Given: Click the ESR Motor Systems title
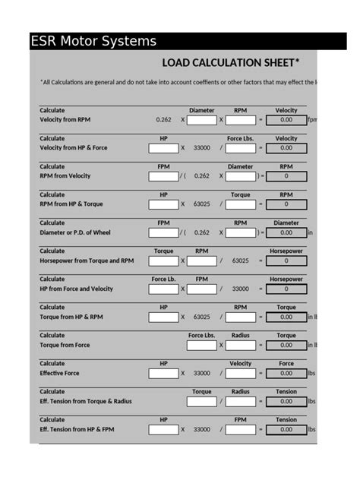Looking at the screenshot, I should pyautogui.click(x=93, y=42).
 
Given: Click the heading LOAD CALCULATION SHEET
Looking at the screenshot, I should pyautogui.click(x=230, y=62).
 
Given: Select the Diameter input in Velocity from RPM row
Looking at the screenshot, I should pyautogui.click(x=201, y=120).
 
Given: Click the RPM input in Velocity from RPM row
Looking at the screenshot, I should pyautogui.click(x=240, y=120).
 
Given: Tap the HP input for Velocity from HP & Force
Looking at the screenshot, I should pyautogui.click(x=163, y=148).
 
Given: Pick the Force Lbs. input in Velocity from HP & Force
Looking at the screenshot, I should pyautogui.click(x=240, y=148).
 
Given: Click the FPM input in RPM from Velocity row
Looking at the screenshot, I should pyautogui.click(x=163, y=176).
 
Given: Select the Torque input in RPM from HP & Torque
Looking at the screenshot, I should pyautogui.click(x=240, y=204).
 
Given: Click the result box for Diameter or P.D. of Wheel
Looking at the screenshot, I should pyautogui.click(x=286, y=232).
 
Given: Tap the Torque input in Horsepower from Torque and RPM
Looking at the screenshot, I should pyautogui.click(x=163, y=261).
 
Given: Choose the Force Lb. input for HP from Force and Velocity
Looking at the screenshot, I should pyautogui.click(x=163, y=289).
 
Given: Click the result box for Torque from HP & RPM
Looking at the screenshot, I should pyautogui.click(x=286, y=317).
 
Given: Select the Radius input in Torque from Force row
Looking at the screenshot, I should pyautogui.click(x=240, y=345).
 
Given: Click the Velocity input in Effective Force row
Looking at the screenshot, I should pyautogui.click(x=240, y=373).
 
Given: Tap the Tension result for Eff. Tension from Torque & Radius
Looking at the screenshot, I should pyautogui.click(x=286, y=401).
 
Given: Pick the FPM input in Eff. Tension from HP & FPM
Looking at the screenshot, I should pyautogui.click(x=240, y=429).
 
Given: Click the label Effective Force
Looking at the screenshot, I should pyautogui.click(x=59, y=374).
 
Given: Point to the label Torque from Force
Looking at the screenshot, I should pyautogui.click(x=65, y=346).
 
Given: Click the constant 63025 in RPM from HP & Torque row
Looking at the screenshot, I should pyautogui.click(x=202, y=204).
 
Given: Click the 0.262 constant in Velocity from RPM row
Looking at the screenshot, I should pyautogui.click(x=163, y=120).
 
